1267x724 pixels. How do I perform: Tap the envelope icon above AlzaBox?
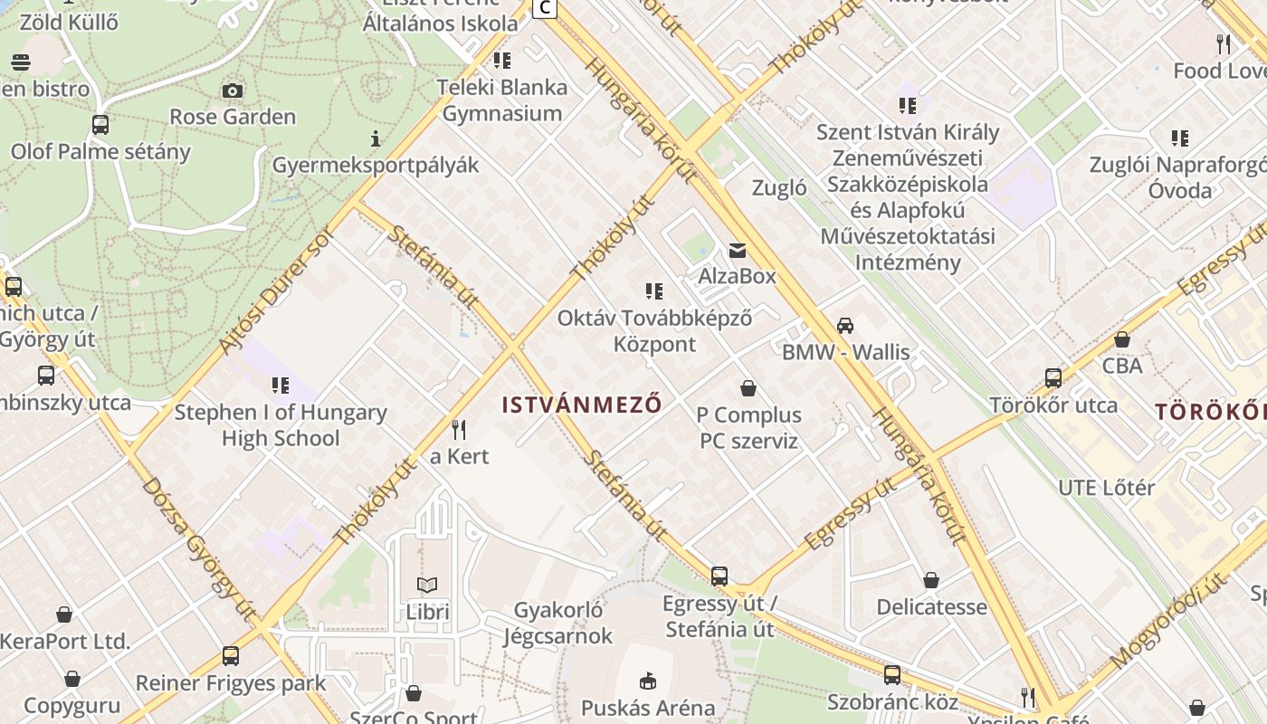click(738, 250)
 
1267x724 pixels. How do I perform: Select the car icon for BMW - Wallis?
click(845, 326)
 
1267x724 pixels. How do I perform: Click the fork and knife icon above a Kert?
click(460, 429)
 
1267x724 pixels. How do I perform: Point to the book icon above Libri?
click(427, 586)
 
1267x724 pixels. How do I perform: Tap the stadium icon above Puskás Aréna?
click(648, 681)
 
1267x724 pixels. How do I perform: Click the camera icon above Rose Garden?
click(233, 90)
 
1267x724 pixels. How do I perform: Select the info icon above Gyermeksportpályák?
click(376, 138)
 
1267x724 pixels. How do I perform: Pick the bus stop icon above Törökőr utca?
click(1053, 378)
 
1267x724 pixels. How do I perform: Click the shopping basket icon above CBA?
click(1122, 339)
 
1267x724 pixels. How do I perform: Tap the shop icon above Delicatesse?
click(931, 580)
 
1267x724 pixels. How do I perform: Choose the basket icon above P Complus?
click(748, 388)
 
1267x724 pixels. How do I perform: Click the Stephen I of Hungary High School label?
click(281, 425)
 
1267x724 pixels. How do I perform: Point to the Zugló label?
click(779, 188)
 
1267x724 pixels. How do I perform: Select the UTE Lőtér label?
click(1107, 488)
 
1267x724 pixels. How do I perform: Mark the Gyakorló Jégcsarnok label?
click(558, 623)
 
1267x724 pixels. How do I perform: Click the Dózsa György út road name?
click(198, 549)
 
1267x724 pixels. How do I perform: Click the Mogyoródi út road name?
click(1174, 607)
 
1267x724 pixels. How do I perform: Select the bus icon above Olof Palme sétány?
click(100, 125)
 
